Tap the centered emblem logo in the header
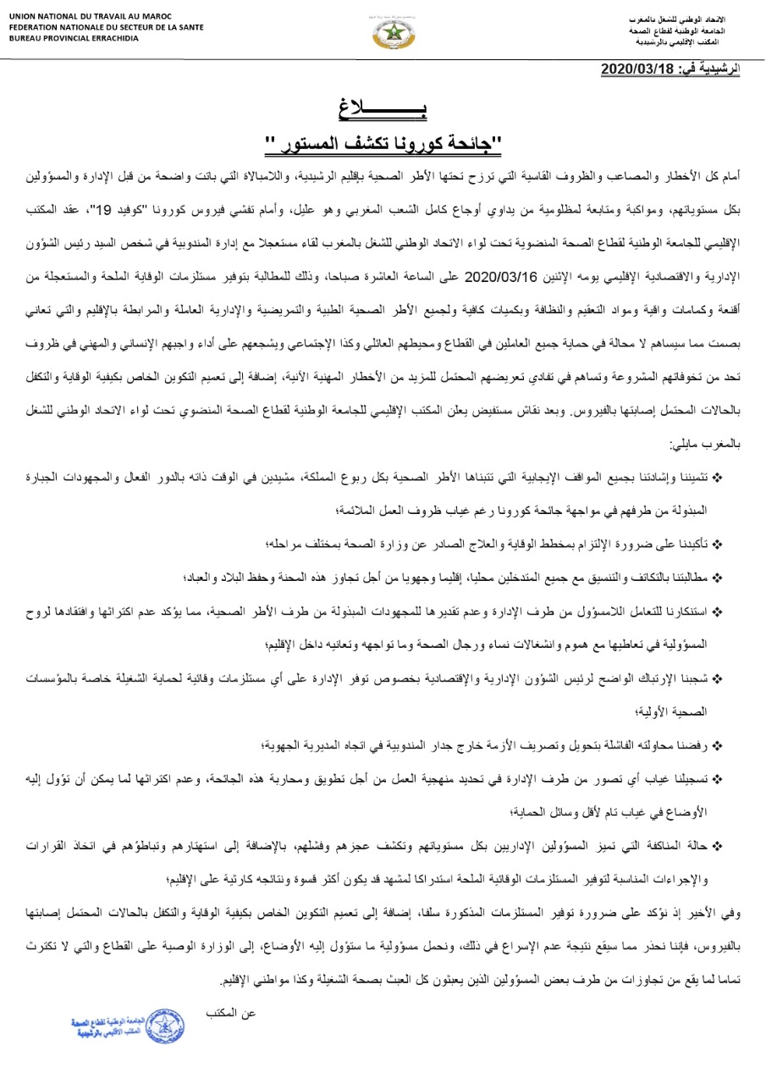point(389,33)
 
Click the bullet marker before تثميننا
point(718,478)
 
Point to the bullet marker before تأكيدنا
point(718,541)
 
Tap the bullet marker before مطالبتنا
point(718,577)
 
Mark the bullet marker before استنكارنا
point(718,611)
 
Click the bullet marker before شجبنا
point(718,678)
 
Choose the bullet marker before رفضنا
point(718,744)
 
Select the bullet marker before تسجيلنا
point(718,777)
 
